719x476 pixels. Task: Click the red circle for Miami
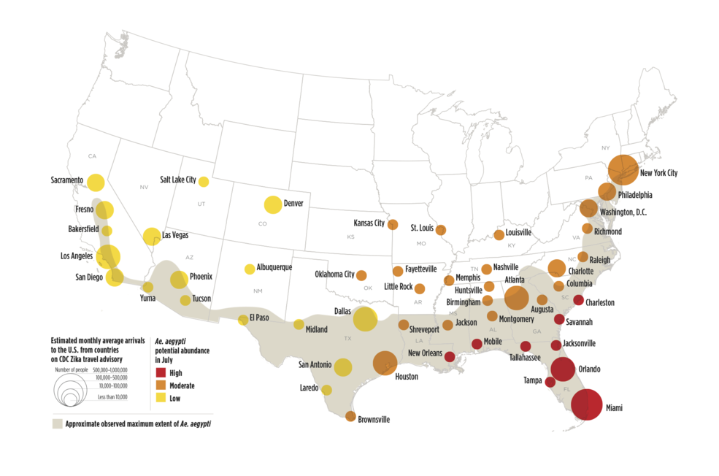[587, 404]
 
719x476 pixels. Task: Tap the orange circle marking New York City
[623, 169]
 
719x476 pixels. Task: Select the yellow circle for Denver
[272, 205]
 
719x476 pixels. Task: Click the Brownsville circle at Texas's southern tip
[350, 416]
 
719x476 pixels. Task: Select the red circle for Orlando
[563, 370]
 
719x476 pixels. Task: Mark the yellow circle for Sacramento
[96, 183]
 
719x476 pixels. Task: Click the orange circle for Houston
[385, 362]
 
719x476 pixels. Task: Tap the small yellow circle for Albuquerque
[250, 269]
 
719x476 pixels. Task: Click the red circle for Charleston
[578, 300]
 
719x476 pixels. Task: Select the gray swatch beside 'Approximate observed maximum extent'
[57, 423]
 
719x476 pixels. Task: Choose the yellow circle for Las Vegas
[152, 236]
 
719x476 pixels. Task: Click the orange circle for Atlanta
[516, 298]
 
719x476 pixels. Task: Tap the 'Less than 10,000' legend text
[112, 396]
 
